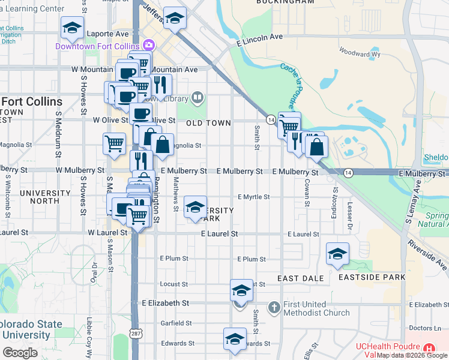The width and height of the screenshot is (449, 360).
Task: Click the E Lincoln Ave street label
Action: click(259, 37)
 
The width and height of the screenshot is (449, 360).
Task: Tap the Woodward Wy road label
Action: click(360, 53)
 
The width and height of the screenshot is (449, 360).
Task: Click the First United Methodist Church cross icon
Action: click(274, 307)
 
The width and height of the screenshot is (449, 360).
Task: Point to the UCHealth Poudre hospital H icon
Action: click(429, 349)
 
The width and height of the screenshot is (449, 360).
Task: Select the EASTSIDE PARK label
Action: click(372, 277)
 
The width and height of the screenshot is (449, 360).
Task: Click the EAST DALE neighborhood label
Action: click(301, 278)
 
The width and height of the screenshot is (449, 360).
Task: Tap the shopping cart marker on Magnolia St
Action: click(114, 144)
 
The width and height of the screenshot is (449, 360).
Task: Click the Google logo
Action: click(20, 353)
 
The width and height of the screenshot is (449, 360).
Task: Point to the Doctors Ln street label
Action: click(424, 328)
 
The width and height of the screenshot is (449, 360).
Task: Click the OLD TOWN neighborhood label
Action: click(208, 123)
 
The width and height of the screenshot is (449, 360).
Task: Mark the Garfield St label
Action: click(176, 323)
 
